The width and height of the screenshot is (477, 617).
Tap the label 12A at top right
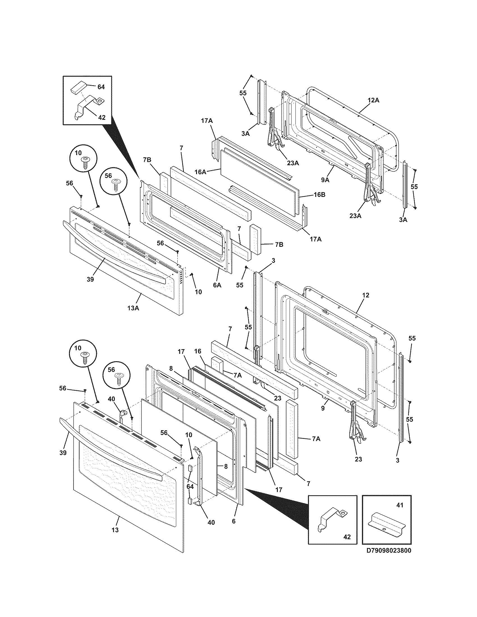373,100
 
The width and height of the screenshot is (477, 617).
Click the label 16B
319,195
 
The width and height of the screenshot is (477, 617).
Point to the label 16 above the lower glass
198,351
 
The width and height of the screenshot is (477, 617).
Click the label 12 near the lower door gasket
366,296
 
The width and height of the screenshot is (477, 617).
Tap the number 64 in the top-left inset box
101,87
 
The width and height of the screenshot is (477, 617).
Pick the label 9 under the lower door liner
323,408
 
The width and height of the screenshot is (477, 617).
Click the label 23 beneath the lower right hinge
358,459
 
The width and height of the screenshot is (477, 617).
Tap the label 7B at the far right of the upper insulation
279,245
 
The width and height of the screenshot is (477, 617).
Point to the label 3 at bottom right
397,460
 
